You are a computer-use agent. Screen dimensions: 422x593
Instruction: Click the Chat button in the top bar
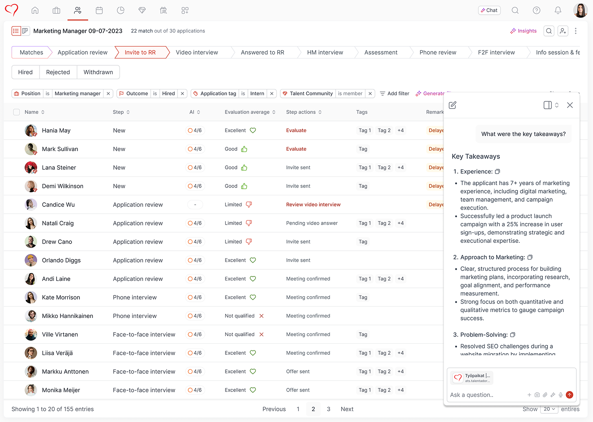[489, 10]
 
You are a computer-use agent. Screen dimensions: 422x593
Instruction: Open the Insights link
[523, 31]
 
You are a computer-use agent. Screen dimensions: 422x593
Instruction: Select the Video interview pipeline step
[196, 52]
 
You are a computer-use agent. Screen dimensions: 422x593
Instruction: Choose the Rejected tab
[58, 72]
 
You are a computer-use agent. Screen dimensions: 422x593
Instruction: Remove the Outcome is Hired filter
[182, 94]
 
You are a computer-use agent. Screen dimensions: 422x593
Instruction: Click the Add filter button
[395, 94]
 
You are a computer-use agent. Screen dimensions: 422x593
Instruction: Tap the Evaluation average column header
[247, 112]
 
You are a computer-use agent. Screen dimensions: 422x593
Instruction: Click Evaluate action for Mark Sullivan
[296, 149]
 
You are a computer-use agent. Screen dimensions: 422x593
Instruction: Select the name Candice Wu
[58, 204]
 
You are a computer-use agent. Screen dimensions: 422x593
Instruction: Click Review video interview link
[313, 204]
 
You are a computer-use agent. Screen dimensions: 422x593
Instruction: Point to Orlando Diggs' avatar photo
[31, 260]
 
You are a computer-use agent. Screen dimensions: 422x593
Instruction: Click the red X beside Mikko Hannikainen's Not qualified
[261, 316]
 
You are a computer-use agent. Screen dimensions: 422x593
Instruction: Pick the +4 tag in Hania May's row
[400, 131]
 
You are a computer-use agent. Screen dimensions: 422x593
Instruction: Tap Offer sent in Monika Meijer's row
[298, 390]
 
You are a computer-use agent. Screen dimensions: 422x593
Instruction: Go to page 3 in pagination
[329, 409]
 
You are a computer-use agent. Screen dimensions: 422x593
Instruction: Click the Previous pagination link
[274, 409]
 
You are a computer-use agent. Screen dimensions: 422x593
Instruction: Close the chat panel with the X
[570, 105]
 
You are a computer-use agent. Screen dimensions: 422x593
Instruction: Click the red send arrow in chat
[569, 395]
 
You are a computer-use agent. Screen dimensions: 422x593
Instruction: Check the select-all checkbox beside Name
[17, 112]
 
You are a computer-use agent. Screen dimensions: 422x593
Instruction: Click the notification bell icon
[558, 10]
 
